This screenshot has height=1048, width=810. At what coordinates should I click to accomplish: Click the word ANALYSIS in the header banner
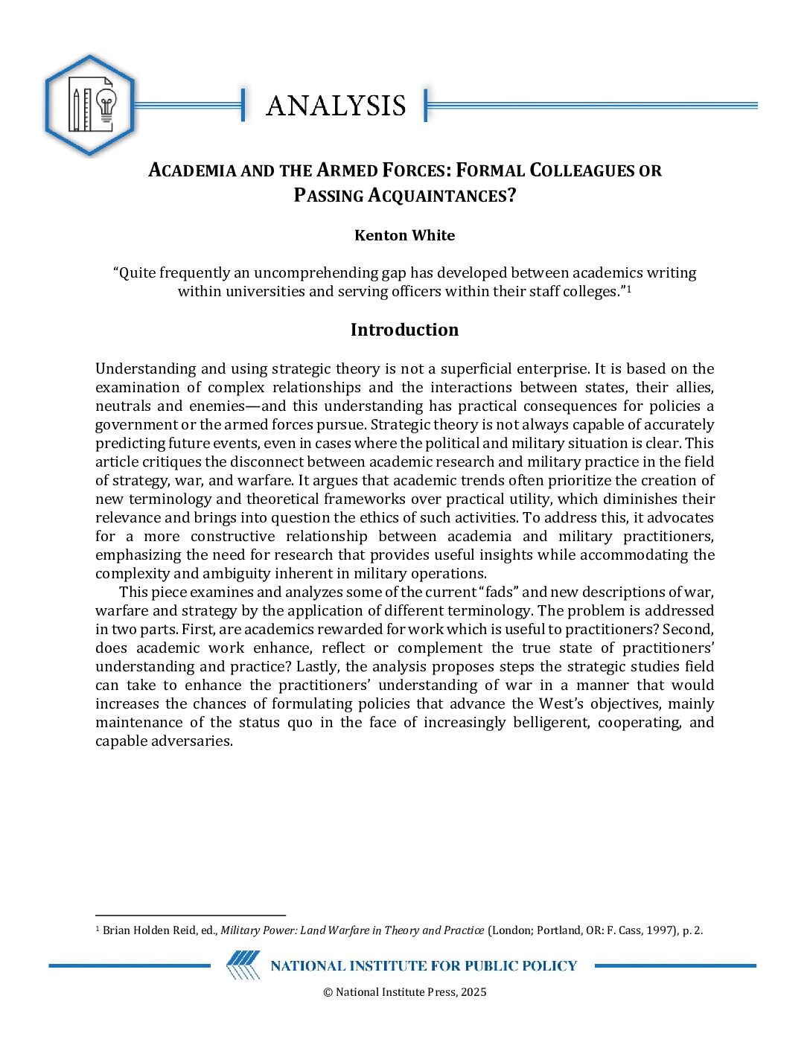click(x=336, y=106)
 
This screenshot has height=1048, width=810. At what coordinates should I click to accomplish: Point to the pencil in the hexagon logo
click(x=76, y=109)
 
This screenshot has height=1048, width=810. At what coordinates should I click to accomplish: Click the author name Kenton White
click(x=404, y=235)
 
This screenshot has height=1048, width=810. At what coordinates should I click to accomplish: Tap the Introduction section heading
click(x=404, y=330)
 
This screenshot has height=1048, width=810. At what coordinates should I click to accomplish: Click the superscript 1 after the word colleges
click(x=629, y=289)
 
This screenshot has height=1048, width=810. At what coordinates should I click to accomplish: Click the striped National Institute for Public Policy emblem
click(x=243, y=965)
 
